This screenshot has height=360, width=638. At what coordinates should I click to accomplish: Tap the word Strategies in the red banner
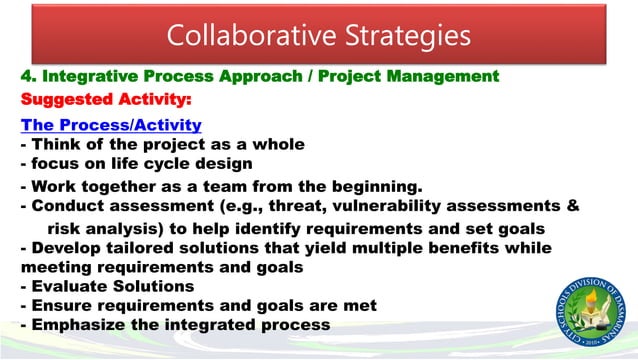pyautogui.click(x=405, y=36)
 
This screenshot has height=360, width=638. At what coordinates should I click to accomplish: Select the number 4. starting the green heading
pyautogui.click(x=28, y=76)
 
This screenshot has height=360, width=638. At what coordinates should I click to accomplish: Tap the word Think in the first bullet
pyautogui.click(x=58, y=144)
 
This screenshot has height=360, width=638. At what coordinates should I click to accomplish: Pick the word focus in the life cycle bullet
pyautogui.click(x=56, y=163)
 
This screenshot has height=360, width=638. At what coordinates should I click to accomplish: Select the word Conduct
pyautogui.click(x=66, y=206)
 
